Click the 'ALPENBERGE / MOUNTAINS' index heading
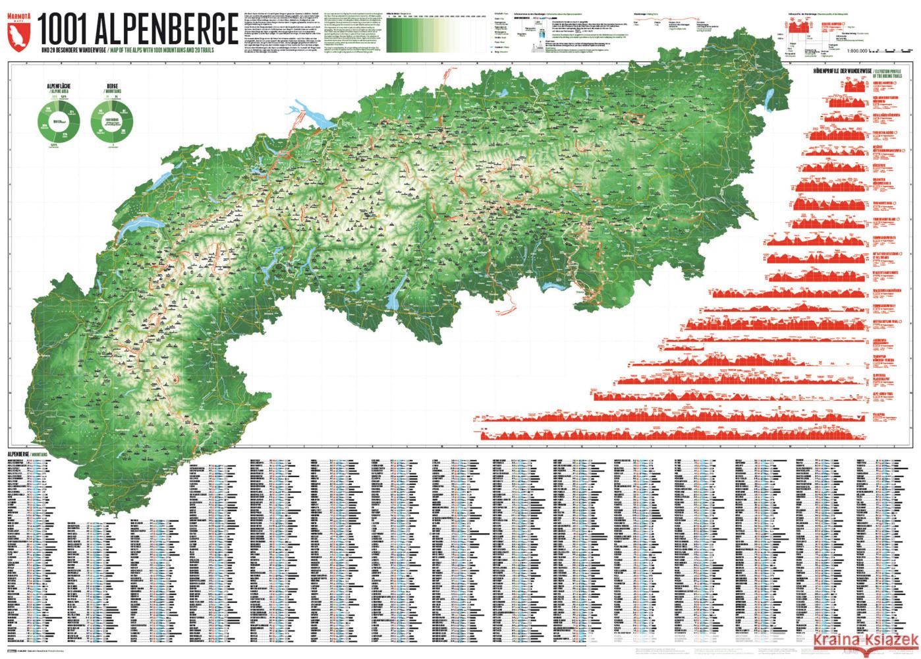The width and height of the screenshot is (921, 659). click(x=30, y=455)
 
